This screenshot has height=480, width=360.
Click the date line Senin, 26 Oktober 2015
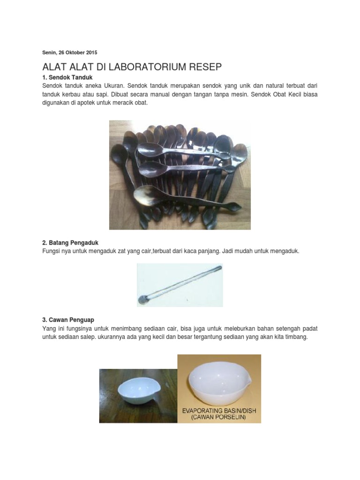coord(69,52)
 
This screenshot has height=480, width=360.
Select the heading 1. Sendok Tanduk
coord(67,77)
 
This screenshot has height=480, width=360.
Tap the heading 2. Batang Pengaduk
coord(70,243)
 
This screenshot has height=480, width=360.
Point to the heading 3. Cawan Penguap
coord(68,320)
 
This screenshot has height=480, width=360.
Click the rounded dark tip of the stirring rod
coord(142,300)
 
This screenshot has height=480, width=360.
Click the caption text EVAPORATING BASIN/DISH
coord(219,411)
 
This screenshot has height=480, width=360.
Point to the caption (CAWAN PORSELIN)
coord(219,417)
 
